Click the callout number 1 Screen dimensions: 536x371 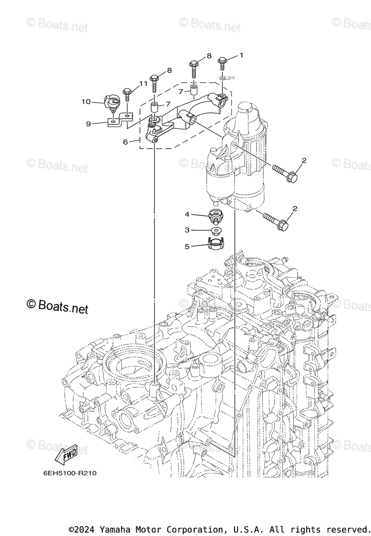tap(241, 55)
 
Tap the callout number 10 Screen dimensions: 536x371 tap(86, 102)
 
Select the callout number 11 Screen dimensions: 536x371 tap(143, 84)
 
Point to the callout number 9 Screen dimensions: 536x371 tap(88, 124)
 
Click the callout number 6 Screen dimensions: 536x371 tap(125, 142)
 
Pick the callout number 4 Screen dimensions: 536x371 tap(187, 214)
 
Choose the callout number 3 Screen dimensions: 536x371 tap(187, 230)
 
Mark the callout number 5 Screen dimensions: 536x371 tap(187, 246)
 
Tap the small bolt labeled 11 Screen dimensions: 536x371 tap(127, 94)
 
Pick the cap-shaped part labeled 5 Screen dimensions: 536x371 tap(216, 244)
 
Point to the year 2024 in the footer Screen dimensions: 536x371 tap(87, 529)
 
